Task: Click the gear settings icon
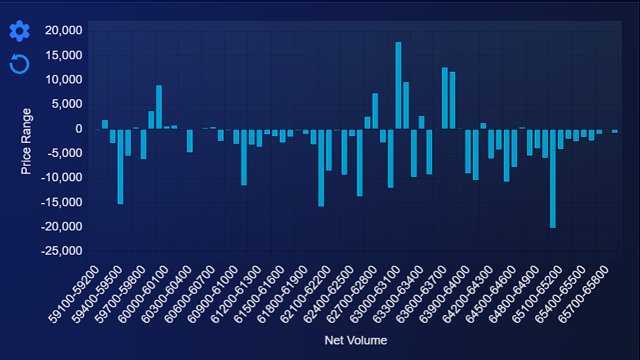(20, 30)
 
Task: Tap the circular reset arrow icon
(20, 64)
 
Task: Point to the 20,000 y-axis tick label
(63, 30)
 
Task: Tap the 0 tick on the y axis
(78, 129)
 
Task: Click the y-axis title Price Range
(27, 141)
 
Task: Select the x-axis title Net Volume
(356, 340)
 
